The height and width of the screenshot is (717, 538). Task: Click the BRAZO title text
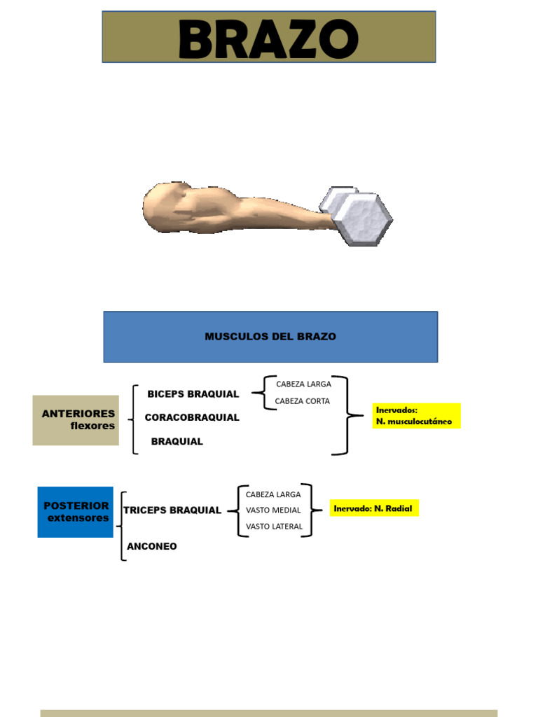click(x=268, y=39)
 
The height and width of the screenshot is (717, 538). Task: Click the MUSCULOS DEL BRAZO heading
click(x=270, y=337)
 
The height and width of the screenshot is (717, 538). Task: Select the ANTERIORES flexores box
click(x=76, y=420)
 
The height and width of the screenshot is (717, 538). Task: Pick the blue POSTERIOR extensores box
click(x=76, y=512)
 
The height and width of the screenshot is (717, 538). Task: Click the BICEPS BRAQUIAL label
click(x=193, y=394)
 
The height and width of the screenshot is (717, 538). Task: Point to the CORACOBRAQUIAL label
click(x=192, y=417)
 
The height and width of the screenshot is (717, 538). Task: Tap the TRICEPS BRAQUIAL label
click(x=172, y=510)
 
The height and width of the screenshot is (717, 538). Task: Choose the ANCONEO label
click(x=152, y=546)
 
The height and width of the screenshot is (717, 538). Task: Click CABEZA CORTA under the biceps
click(x=302, y=401)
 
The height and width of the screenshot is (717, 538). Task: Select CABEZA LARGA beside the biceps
click(x=303, y=384)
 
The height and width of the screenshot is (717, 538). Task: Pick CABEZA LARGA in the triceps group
click(x=273, y=494)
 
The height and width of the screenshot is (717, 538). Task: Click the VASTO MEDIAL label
click(x=273, y=510)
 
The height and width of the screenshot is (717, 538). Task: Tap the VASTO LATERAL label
click(x=274, y=527)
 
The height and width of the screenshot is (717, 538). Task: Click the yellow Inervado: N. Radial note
click(x=374, y=508)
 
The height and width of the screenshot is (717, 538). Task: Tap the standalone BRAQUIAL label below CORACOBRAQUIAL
click(x=177, y=442)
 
